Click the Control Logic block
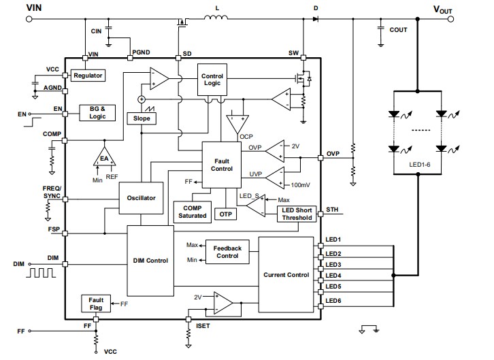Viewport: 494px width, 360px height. point(212,80)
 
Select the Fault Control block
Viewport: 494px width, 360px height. point(221,164)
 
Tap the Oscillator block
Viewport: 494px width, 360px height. point(142,198)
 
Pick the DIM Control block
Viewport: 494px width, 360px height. point(150,261)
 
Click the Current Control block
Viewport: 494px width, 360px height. point(286,275)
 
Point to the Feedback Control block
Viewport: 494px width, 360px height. point(227,252)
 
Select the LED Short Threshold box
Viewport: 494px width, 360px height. point(297,214)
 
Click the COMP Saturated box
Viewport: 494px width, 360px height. point(192,212)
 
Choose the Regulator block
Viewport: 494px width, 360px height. point(88,76)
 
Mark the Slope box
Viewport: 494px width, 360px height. point(142,118)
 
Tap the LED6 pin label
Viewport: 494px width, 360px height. point(333,301)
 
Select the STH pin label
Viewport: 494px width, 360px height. point(332,209)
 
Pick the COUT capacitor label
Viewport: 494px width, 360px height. point(398,30)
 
